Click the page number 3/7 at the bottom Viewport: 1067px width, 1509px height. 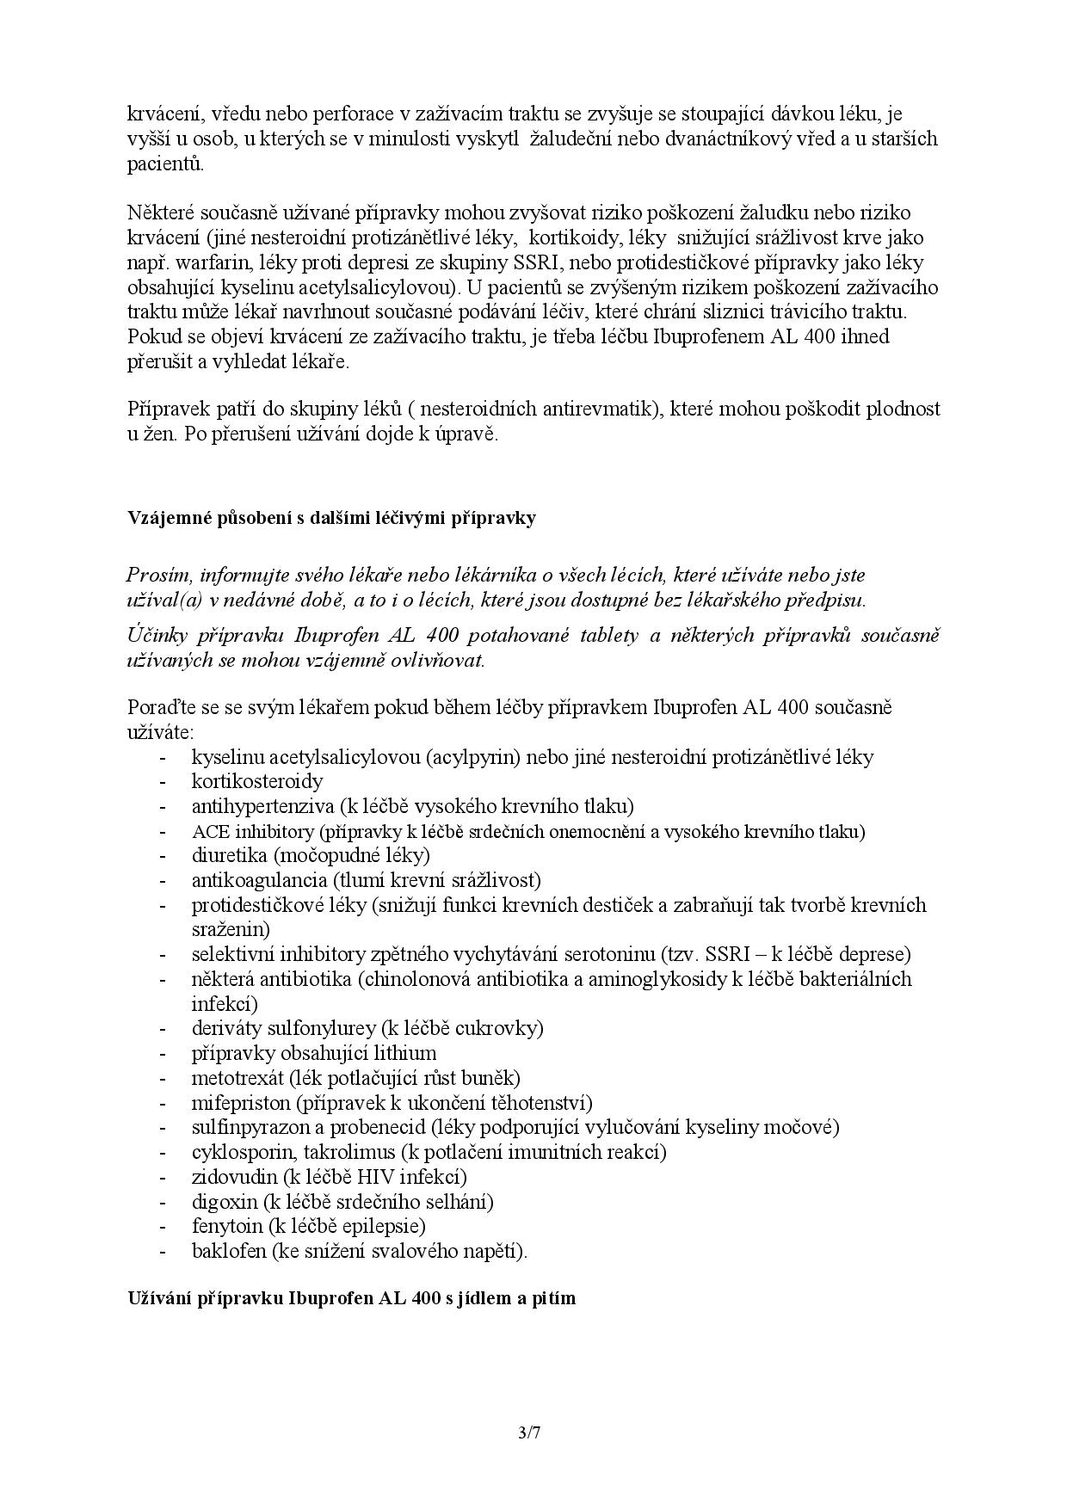(x=528, y=1432)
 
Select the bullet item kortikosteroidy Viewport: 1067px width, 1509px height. (x=257, y=781)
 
